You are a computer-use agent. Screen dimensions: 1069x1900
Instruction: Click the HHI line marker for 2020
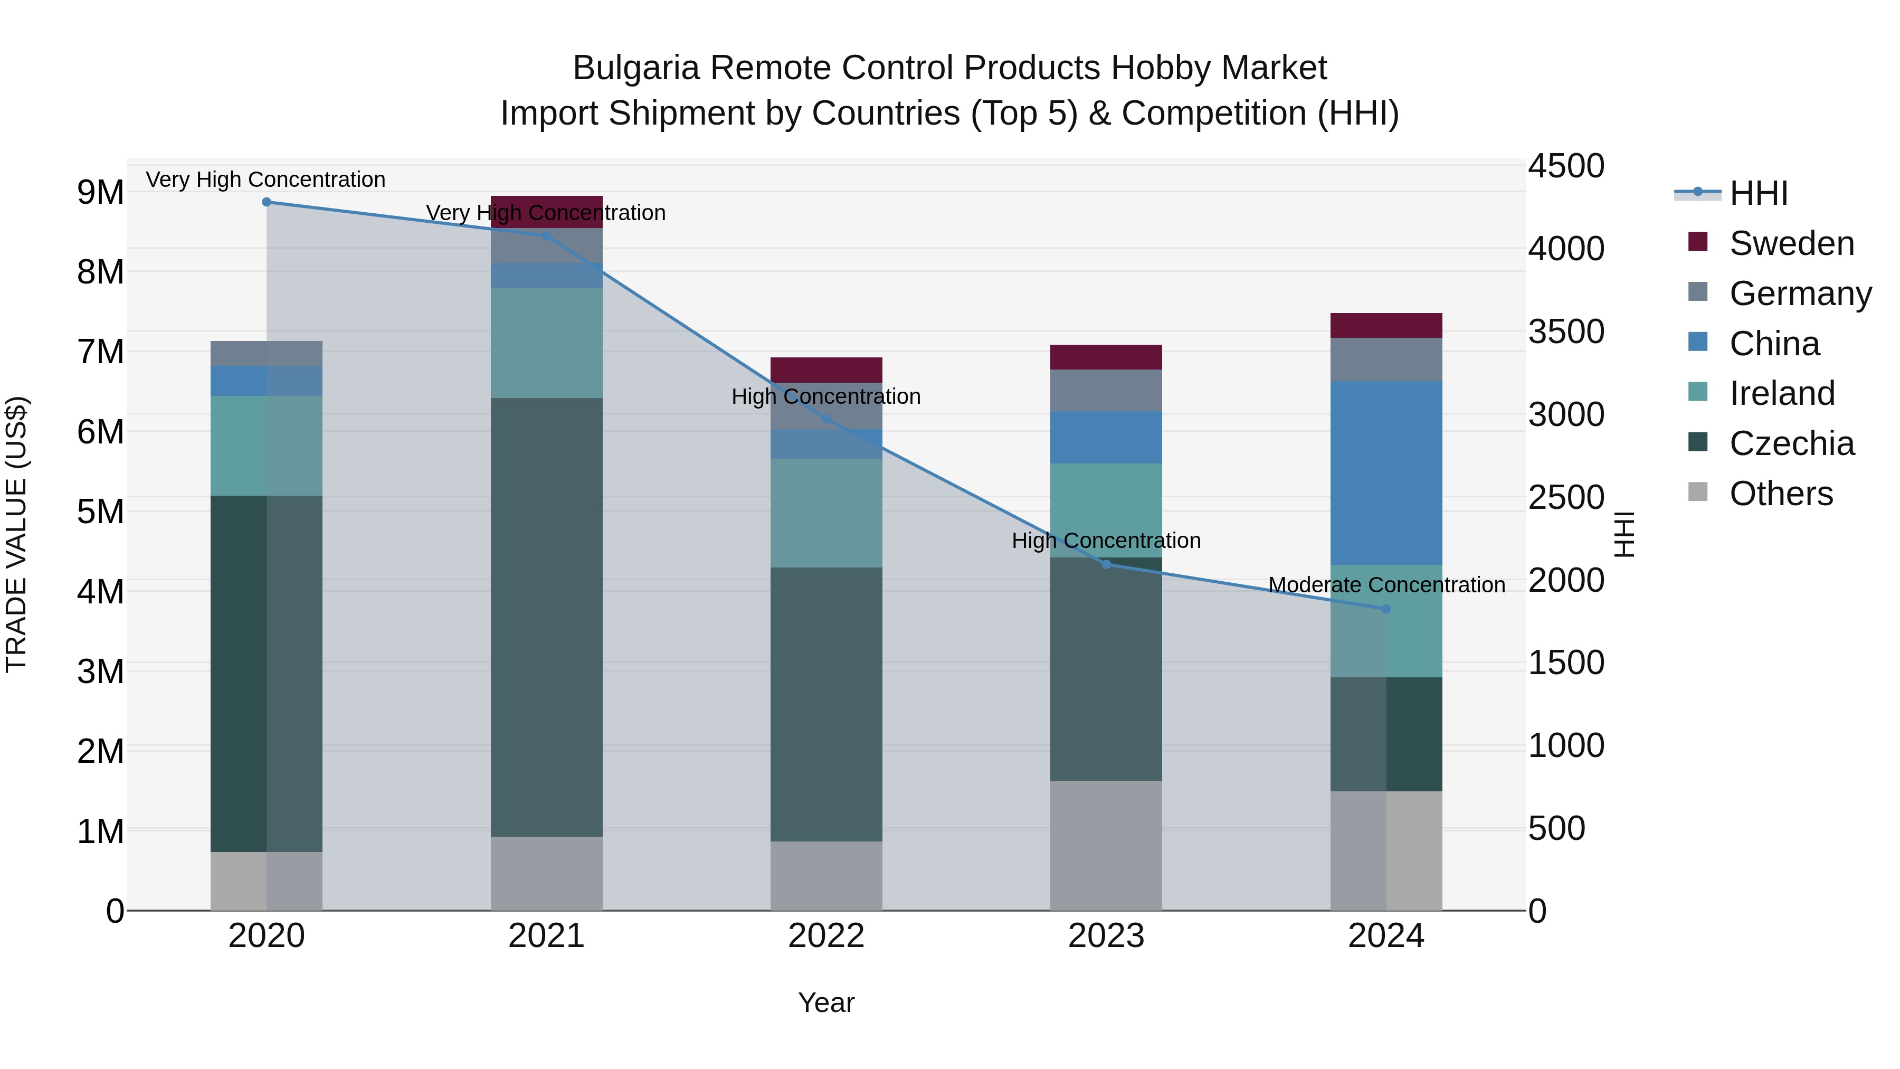point(267,202)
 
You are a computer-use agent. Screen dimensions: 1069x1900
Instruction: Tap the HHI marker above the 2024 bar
point(1386,609)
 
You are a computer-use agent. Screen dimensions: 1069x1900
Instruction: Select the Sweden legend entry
point(1791,243)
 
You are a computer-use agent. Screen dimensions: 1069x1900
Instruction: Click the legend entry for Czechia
point(1791,443)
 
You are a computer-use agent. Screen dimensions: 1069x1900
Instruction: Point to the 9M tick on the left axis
point(100,193)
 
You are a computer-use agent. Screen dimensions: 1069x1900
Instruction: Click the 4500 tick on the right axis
point(1565,166)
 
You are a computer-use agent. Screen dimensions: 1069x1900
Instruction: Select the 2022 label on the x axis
point(826,936)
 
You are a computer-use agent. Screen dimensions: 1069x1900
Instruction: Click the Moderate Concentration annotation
point(1386,585)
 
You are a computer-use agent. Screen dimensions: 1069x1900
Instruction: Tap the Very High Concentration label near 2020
point(265,179)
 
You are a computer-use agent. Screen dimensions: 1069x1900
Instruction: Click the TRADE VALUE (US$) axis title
point(16,534)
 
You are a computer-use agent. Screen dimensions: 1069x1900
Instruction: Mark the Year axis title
point(826,1002)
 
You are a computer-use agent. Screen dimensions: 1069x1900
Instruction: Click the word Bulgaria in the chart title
point(636,69)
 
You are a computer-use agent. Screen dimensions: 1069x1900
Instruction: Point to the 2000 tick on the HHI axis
point(1565,581)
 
